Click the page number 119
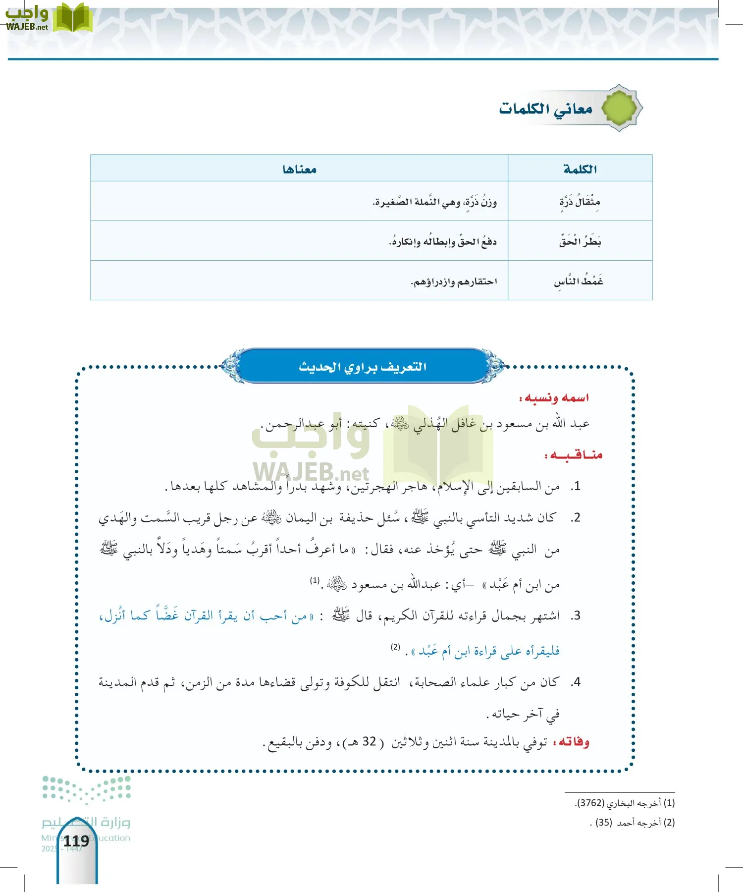coord(76,841)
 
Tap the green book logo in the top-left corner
coord(72,19)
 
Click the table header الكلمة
coord(580,169)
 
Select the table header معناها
coord(299,169)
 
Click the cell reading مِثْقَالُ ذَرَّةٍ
coord(580,202)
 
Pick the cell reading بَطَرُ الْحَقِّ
coord(580,242)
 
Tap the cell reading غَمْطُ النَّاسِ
coord(579,281)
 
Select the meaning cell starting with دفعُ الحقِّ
coord(443,242)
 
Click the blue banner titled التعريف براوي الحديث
coord(363,367)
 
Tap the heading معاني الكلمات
coord(546,109)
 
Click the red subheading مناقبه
coord(574,455)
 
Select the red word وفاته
coord(573,742)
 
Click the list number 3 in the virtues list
coord(575,616)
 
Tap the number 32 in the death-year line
coord(370,742)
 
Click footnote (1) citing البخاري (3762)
coord(625,803)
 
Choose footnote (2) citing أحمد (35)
coord(633,823)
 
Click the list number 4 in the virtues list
coord(575,682)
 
